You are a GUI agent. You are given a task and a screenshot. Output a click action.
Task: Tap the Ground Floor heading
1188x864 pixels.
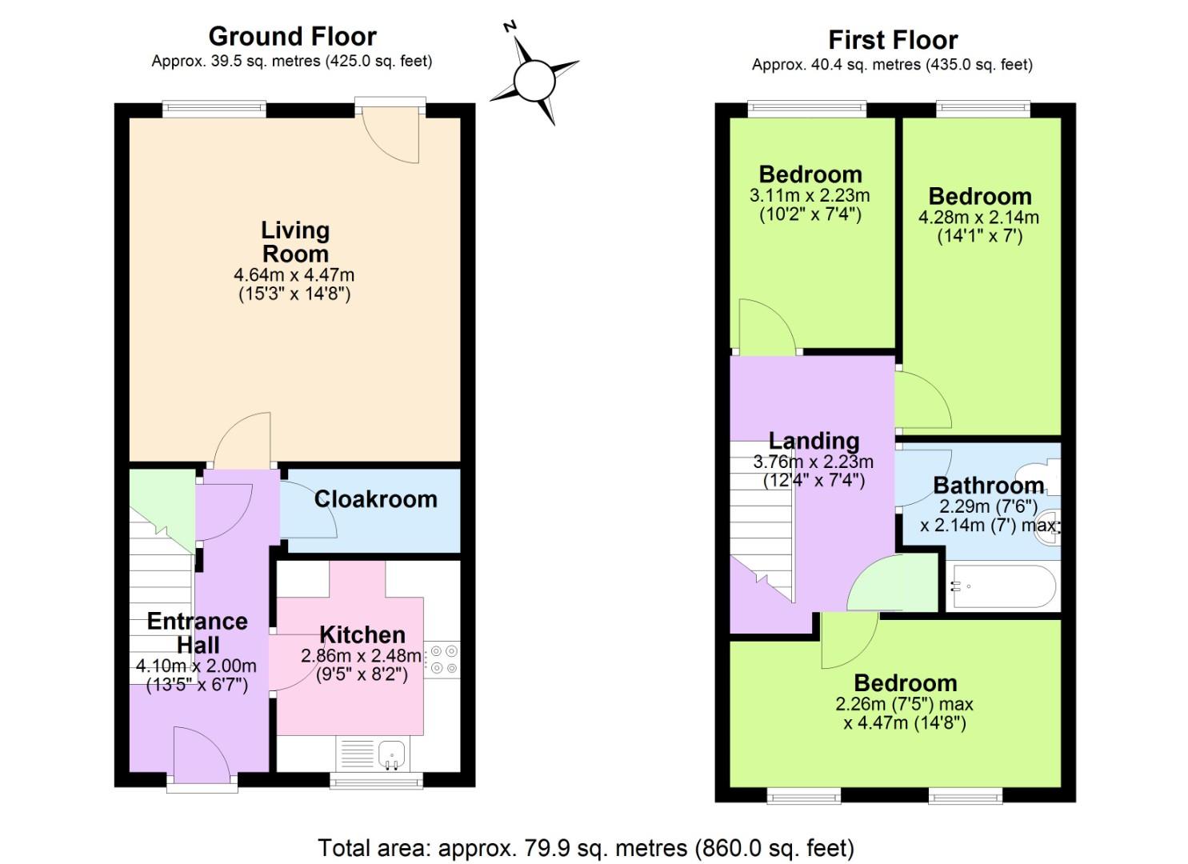pos(292,36)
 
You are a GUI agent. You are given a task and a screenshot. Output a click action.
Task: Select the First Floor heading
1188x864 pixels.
pos(892,39)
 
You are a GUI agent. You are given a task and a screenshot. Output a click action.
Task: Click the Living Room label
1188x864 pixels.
pos(294,242)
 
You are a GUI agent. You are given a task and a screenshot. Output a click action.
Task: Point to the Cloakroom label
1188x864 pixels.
pos(375,499)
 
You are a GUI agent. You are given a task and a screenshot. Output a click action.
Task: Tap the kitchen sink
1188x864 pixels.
pos(391,752)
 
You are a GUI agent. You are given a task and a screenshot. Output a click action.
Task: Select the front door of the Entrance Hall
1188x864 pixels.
pos(202,756)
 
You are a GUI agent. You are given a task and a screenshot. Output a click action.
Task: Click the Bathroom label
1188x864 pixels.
pos(988,486)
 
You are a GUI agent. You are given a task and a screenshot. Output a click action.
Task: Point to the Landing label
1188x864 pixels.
pos(814,441)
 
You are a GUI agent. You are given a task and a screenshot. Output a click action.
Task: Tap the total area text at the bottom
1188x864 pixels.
pos(586,847)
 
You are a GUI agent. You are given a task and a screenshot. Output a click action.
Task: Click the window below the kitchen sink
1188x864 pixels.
pos(376,780)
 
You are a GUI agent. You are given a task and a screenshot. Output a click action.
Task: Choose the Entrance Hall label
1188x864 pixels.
pos(197,633)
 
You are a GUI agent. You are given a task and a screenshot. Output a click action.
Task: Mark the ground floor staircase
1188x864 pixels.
pos(161,592)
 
